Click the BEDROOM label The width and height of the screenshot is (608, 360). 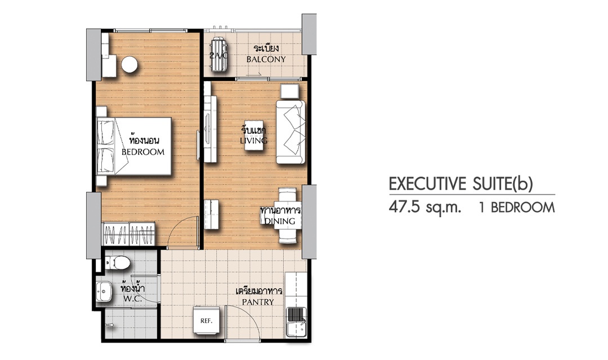point(142,152)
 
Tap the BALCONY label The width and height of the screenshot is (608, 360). point(266,59)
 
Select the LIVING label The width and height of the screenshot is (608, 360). point(253,140)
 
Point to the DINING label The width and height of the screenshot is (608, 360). point(280,221)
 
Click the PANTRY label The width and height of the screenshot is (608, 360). point(258,301)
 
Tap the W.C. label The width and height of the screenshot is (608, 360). point(133,299)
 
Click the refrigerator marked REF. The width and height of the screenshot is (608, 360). point(206,320)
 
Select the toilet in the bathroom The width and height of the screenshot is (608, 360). point(117,263)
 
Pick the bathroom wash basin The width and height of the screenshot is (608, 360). point(104,292)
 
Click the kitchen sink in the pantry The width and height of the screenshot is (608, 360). point(296,322)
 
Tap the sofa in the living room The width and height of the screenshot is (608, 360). point(290,132)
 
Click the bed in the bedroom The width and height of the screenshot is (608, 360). point(134,146)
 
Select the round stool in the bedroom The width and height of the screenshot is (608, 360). point(129,64)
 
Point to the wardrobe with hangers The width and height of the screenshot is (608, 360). point(129,233)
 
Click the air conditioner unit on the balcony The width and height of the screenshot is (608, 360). point(218,56)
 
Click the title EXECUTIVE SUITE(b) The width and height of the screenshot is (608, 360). point(461,184)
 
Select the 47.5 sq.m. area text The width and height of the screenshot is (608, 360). point(425,208)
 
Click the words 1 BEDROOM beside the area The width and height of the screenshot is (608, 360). point(517,208)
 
